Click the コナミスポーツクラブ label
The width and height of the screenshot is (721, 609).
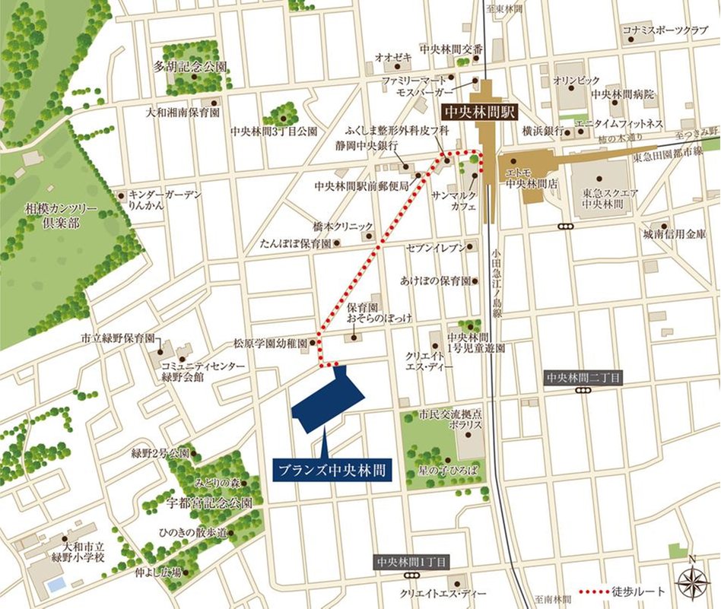click(x=665, y=30)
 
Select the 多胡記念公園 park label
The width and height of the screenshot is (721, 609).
click(x=190, y=66)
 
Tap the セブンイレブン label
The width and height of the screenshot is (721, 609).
click(x=434, y=249)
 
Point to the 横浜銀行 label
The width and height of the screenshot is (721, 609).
click(x=542, y=131)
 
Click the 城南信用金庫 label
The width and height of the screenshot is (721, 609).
click(x=674, y=234)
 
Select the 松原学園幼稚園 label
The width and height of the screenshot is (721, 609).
click(x=270, y=344)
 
